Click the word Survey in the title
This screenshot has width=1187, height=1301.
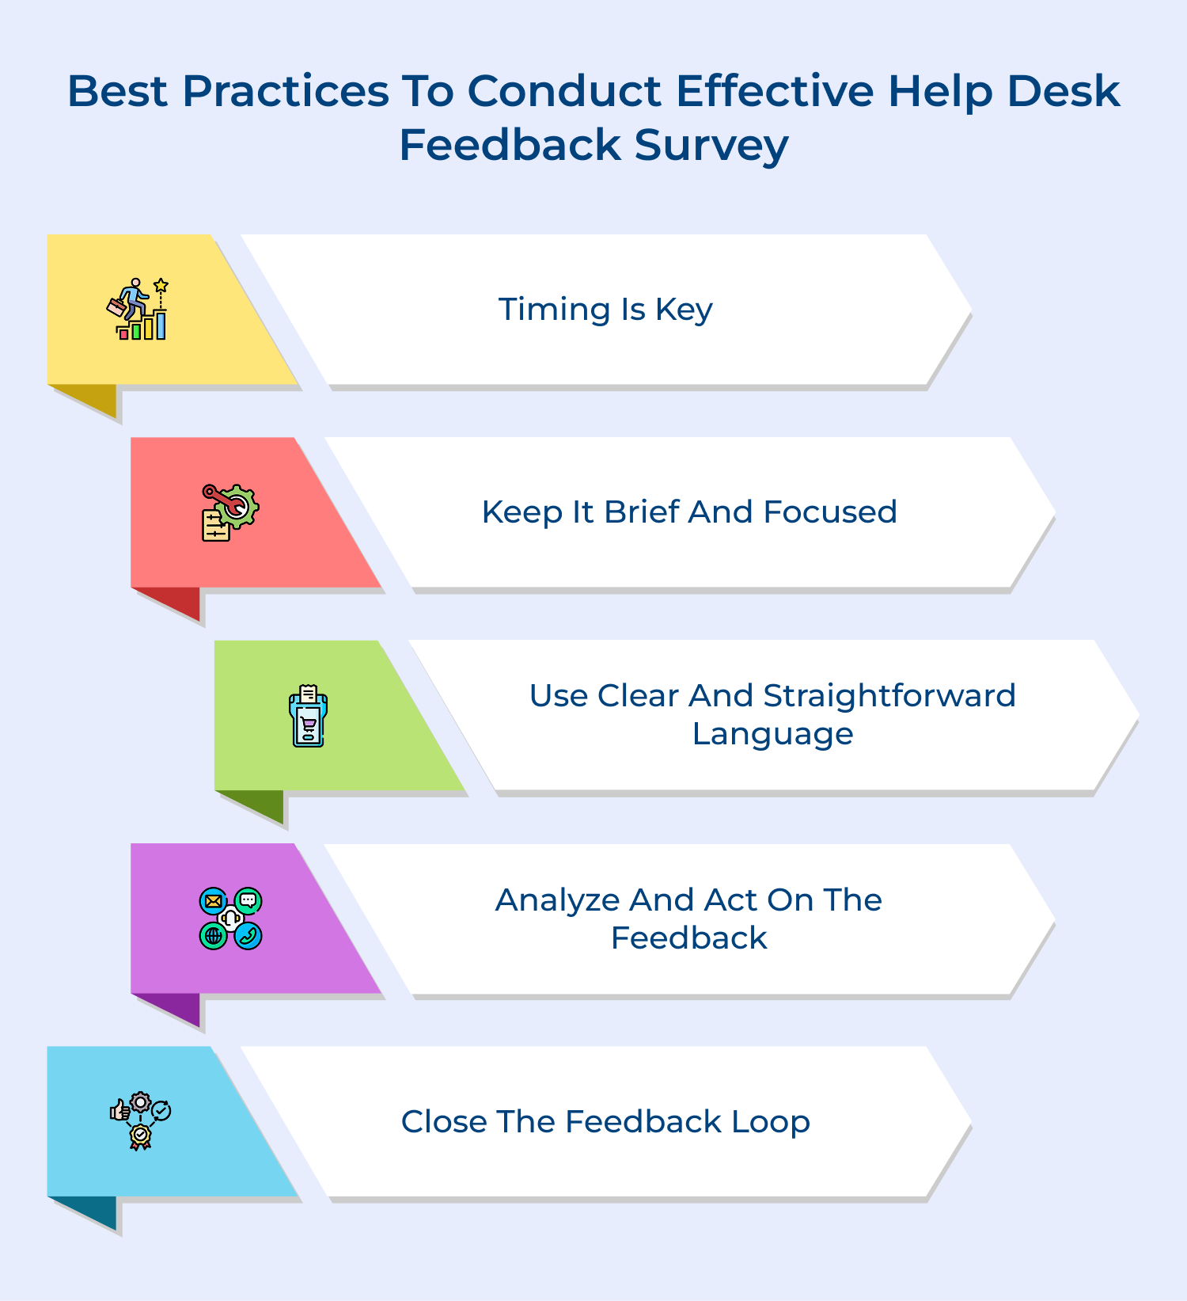point(711,146)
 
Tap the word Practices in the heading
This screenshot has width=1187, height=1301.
point(286,91)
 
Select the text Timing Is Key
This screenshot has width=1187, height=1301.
point(605,309)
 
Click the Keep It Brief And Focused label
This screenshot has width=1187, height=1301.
point(689,512)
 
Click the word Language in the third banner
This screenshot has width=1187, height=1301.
point(773,734)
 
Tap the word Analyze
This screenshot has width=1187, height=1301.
point(557,900)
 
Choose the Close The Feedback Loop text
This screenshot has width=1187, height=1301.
point(605,1121)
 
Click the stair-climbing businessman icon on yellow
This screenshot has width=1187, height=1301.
point(138,309)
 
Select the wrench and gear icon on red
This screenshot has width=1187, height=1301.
point(230,512)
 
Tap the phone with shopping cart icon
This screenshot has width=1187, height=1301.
point(308,716)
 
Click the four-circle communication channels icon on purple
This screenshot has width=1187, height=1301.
point(230,919)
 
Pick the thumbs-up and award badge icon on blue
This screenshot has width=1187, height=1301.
point(141,1121)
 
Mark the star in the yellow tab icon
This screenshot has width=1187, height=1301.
point(161,284)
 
